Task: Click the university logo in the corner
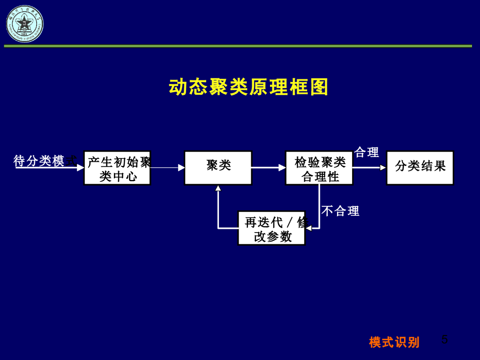point(24,23)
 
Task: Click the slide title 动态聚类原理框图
point(248,87)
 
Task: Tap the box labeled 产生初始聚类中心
point(117,168)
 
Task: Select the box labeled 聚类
point(218,167)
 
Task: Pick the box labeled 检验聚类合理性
point(319,168)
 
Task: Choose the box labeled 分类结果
point(420,167)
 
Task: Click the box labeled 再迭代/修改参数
point(271,228)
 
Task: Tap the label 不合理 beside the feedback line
point(340,211)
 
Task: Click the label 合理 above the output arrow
point(367,152)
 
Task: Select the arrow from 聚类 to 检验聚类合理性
point(269,167)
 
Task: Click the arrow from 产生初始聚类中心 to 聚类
point(167,167)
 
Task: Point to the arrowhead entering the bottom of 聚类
point(218,188)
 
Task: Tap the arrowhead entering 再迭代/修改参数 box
point(308,228)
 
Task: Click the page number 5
point(444,340)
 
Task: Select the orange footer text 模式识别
point(394,342)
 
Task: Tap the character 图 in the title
point(319,87)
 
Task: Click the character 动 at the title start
point(178,87)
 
